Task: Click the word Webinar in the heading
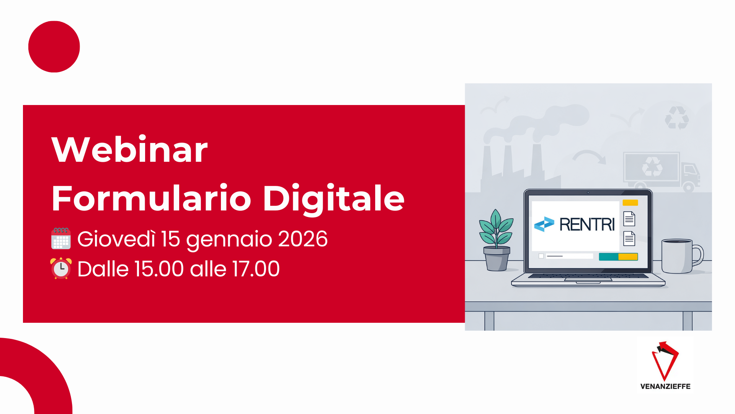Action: click(x=129, y=149)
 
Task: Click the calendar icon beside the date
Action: click(x=61, y=238)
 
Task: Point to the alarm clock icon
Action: click(x=61, y=268)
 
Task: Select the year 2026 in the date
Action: click(x=303, y=239)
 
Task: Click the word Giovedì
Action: click(x=116, y=239)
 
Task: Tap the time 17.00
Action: click(x=256, y=269)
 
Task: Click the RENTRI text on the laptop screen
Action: click(x=587, y=224)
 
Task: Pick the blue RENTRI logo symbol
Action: click(x=544, y=224)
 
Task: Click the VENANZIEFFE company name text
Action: click(x=665, y=386)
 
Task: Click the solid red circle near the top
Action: click(x=54, y=47)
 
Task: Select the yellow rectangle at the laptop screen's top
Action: click(x=630, y=203)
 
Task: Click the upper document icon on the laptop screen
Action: click(x=629, y=219)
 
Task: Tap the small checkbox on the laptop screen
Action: click(x=541, y=256)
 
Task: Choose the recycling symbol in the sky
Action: click(x=677, y=118)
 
